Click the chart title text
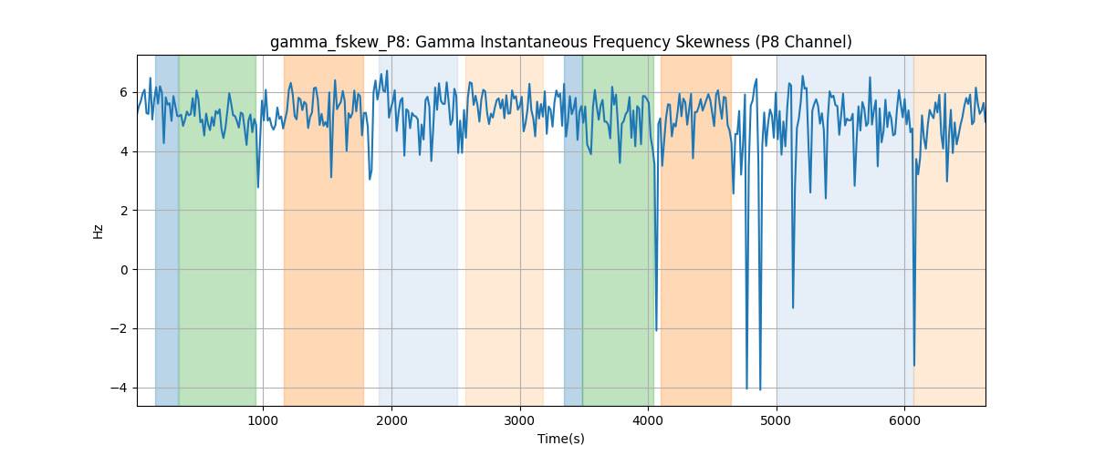560,42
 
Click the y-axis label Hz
99,231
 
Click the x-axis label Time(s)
560,439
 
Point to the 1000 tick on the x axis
263,420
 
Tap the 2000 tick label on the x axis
391,420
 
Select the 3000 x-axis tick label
520,420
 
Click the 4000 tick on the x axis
648,420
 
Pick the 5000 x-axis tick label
777,420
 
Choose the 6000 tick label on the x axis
905,420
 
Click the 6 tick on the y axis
124,92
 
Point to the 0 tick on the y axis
124,270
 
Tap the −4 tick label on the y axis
119,389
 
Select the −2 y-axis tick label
119,329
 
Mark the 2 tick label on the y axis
124,211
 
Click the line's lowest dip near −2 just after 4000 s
656,331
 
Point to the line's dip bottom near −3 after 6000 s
914,366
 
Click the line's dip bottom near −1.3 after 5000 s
793,308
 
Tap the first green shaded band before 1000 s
217,230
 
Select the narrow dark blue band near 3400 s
573,230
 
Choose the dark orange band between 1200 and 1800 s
324,230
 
